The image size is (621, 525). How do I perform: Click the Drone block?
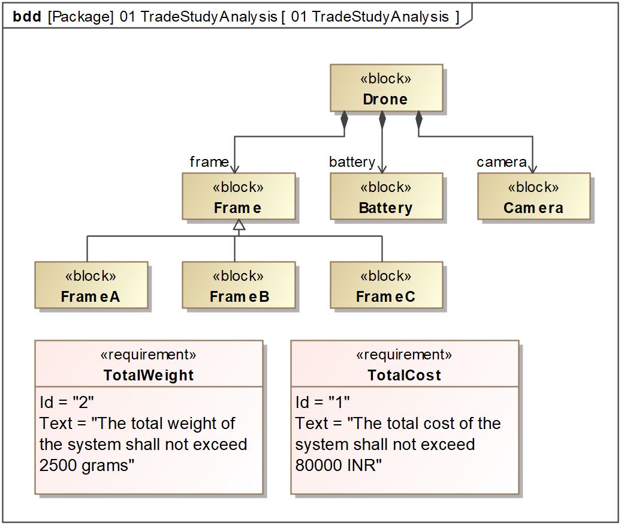tap(386, 88)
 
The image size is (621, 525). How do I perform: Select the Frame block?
tap(239, 196)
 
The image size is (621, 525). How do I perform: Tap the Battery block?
tap(386, 196)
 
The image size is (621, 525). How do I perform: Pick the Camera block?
tap(533, 196)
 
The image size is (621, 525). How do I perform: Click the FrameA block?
tap(91, 285)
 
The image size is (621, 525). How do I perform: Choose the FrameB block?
tap(239, 285)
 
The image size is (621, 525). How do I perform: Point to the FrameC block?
tap(386, 285)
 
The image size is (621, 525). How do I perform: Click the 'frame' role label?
tap(209, 162)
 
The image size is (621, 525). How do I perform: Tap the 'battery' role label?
tap(352, 162)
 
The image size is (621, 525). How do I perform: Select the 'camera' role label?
tap(501, 162)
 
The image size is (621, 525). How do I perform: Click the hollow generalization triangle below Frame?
tap(239, 225)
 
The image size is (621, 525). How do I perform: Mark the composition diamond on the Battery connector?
tap(382, 120)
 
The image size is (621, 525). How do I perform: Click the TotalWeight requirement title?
tap(149, 375)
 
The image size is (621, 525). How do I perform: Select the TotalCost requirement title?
tap(405, 375)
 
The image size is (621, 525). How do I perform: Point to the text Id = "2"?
tap(67, 402)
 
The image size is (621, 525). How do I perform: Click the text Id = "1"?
tap(322, 402)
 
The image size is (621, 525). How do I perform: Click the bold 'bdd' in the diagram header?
tap(27, 17)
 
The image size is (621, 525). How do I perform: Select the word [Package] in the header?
tap(81, 17)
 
